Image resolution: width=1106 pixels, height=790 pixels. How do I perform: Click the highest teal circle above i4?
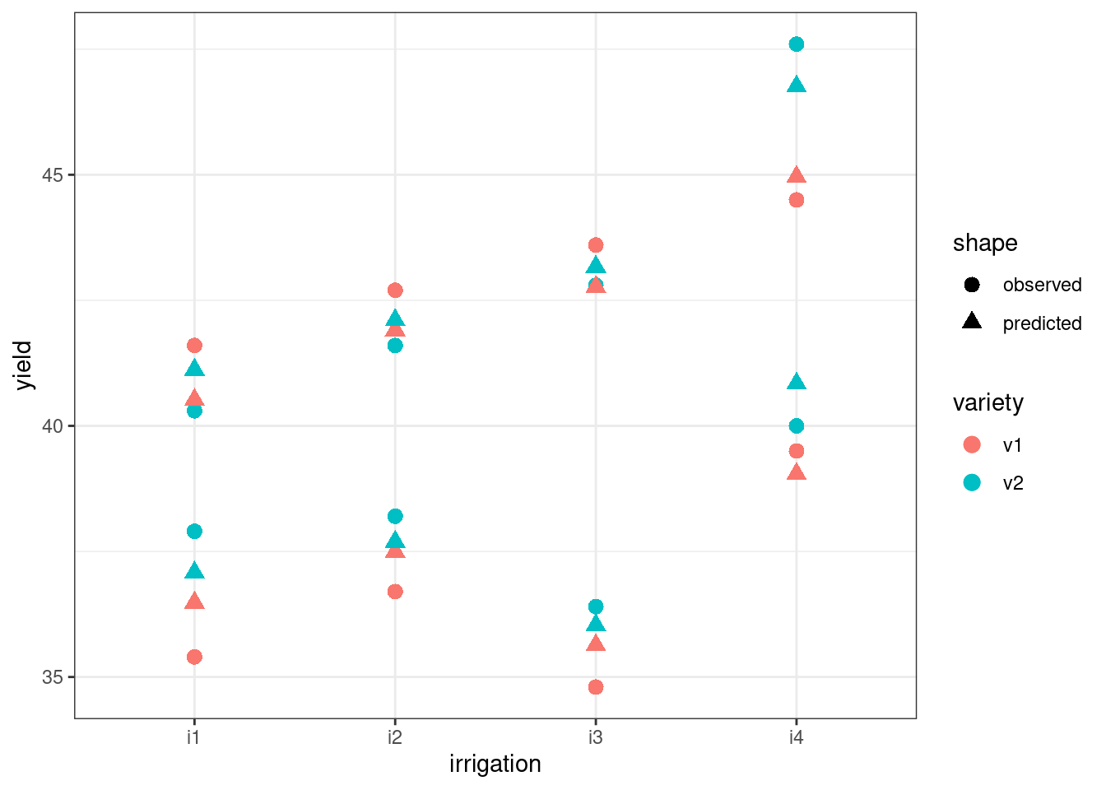796,44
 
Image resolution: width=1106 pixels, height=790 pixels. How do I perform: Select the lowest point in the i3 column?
596,687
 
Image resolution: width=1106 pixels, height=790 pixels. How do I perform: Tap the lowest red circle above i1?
194,657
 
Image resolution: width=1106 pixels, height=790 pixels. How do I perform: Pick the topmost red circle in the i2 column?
395,290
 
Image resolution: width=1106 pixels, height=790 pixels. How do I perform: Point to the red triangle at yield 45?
796,175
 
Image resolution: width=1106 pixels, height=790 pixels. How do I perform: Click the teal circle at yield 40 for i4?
796,426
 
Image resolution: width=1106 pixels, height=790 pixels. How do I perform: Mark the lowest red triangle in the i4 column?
796,472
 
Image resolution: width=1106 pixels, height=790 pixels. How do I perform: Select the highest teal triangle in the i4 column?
796,85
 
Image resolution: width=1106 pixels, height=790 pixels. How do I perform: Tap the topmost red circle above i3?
596,245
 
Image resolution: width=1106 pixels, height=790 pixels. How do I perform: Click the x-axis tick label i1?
193,737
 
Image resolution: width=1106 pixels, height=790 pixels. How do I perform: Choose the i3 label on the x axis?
595,737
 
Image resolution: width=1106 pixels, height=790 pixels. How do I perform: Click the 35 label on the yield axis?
53,677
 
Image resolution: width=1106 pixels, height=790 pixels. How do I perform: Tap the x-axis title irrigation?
495,764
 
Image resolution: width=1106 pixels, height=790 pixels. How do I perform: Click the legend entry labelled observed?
1042,285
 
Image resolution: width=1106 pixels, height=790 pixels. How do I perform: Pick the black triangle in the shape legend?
972,321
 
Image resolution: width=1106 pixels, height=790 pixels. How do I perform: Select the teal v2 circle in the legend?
972,483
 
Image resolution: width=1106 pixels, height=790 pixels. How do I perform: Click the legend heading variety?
987,402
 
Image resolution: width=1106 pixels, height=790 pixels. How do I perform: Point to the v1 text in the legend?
1012,445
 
